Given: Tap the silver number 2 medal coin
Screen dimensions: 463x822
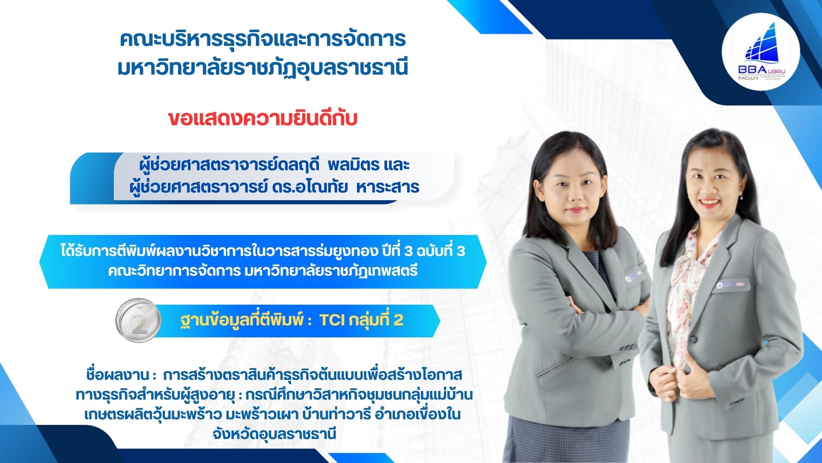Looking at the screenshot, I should (x=138, y=320).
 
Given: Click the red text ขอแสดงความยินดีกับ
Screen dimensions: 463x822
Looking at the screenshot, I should (x=262, y=119).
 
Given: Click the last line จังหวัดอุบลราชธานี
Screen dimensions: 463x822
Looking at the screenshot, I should (x=274, y=433).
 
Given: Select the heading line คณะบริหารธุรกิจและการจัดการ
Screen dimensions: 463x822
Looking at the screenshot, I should (x=262, y=39).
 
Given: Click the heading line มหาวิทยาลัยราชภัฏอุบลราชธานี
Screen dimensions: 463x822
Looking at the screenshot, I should (x=262, y=68).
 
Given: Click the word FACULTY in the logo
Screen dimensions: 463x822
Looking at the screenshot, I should (x=748, y=78).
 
